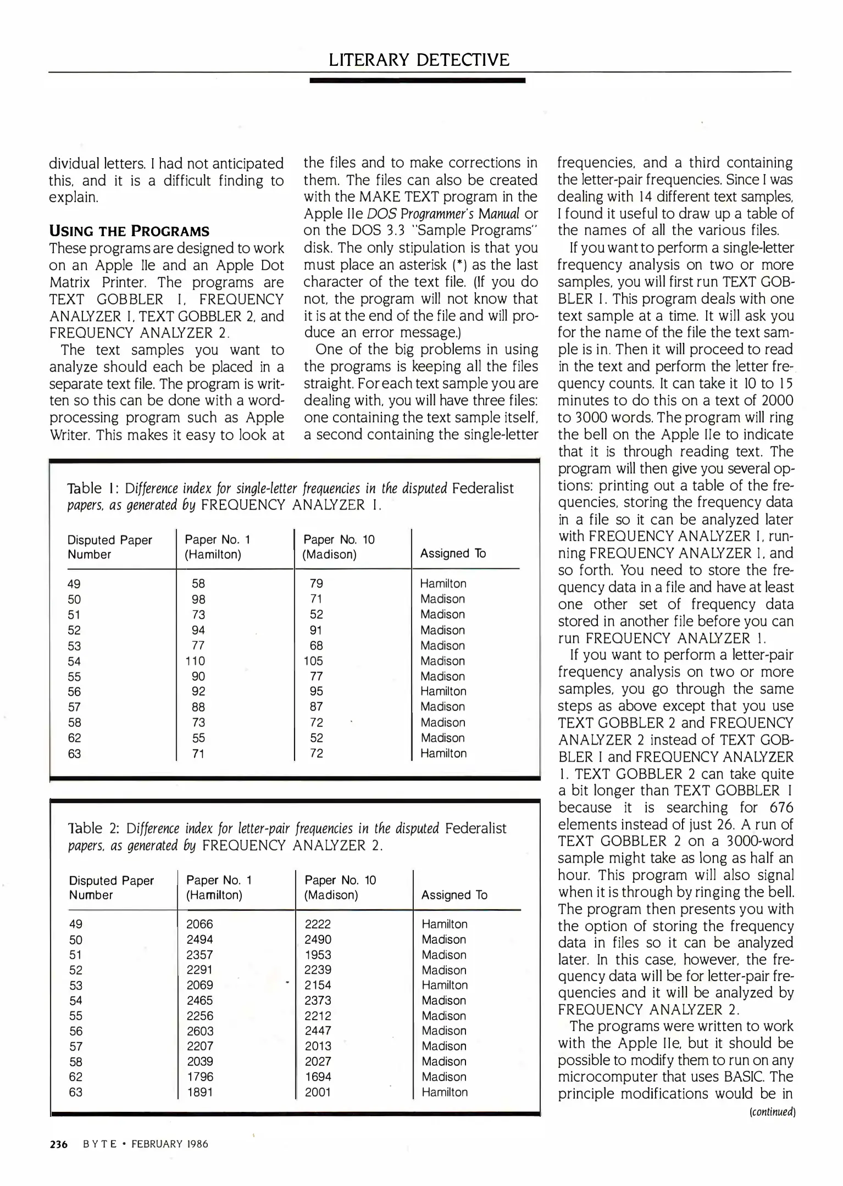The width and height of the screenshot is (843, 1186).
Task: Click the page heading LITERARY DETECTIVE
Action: point(419,59)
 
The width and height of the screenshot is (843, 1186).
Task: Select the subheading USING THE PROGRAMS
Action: point(129,231)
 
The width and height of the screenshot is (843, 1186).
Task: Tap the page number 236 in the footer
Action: point(58,1144)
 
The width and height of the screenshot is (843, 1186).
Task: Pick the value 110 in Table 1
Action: point(195,661)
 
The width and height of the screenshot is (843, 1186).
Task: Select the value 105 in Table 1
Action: point(313,661)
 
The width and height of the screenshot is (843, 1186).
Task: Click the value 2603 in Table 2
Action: point(200,1031)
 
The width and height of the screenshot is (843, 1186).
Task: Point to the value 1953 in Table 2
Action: point(318,955)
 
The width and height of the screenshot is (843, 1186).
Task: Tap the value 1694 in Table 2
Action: point(318,1077)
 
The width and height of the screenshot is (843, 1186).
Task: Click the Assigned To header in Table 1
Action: point(453,553)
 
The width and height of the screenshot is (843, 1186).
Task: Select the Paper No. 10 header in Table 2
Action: point(340,880)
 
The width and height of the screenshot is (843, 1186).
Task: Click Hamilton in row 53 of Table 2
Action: point(445,985)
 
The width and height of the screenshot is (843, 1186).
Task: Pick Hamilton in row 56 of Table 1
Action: point(443,691)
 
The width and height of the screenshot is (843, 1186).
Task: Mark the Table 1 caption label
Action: point(92,488)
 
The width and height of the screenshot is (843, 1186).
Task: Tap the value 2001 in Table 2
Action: point(318,1092)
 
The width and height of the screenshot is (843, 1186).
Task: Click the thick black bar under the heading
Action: point(417,80)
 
